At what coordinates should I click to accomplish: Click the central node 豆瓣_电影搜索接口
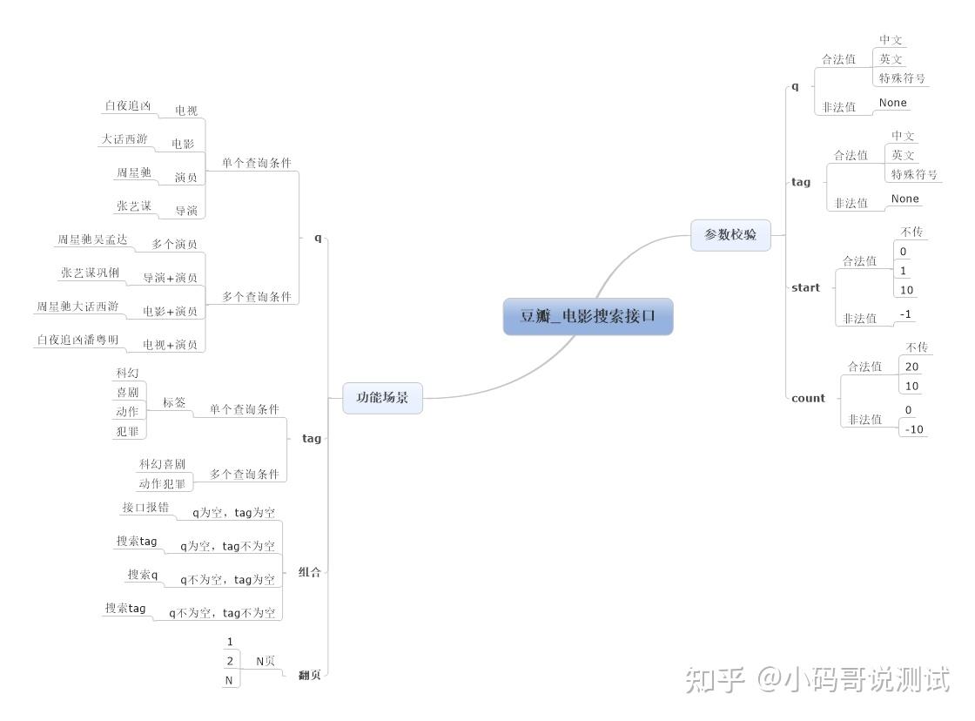click(588, 317)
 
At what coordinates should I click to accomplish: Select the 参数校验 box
click(730, 235)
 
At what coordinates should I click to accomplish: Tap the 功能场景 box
click(382, 398)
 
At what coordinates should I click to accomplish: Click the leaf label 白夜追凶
click(128, 106)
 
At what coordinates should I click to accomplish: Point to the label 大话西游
click(124, 139)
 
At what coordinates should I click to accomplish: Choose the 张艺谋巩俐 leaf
click(91, 273)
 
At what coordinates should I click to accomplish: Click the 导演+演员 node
click(170, 278)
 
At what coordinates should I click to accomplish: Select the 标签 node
click(174, 402)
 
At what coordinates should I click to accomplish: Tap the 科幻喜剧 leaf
click(162, 464)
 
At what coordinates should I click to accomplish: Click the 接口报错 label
click(145, 508)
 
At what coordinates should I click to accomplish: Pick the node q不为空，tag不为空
click(222, 613)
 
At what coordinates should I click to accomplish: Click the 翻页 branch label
click(309, 675)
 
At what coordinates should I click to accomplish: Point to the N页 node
click(266, 661)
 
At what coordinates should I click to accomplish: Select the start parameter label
click(805, 287)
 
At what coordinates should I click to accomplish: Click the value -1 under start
click(906, 314)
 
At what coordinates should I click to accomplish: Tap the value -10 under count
click(914, 428)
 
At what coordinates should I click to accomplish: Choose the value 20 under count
click(911, 367)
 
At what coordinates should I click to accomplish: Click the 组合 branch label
click(310, 572)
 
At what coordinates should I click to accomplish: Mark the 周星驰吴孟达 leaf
click(92, 239)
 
